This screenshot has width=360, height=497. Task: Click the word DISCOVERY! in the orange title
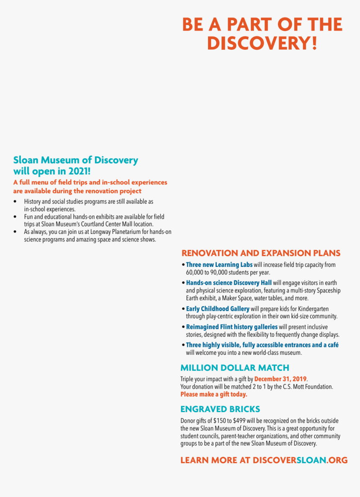(x=262, y=44)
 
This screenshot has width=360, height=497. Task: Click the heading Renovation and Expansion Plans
(x=260, y=253)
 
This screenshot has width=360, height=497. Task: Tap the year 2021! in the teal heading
(x=80, y=171)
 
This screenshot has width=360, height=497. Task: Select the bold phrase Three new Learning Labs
(x=219, y=265)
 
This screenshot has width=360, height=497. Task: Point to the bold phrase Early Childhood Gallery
(x=218, y=309)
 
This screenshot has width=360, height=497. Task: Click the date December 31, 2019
(x=280, y=379)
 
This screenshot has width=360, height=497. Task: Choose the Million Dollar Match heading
(x=234, y=368)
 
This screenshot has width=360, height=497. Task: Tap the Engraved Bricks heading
(x=220, y=409)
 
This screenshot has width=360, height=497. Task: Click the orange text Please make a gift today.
(x=213, y=395)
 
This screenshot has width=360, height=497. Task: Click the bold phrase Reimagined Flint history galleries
(x=231, y=327)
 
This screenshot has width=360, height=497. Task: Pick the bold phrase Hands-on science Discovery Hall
(x=229, y=283)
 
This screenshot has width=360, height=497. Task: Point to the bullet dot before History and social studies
(x=15, y=202)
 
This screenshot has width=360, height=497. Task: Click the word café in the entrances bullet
(x=333, y=345)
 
